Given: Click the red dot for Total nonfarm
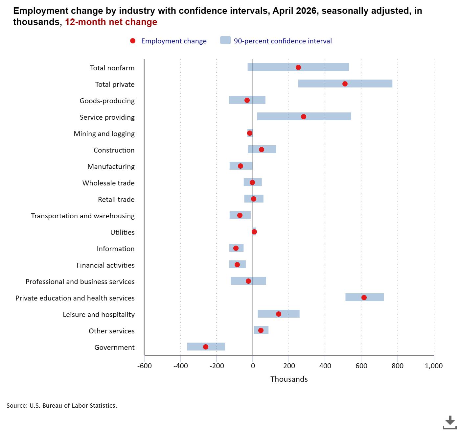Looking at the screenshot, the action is (x=298, y=67).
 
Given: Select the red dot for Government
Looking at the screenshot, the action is (x=205, y=347).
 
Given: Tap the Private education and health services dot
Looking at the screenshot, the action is (x=364, y=298).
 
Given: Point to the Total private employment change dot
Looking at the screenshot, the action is (x=345, y=84).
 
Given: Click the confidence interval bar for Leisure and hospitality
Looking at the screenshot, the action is (x=278, y=314).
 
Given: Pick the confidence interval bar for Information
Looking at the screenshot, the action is (x=236, y=248).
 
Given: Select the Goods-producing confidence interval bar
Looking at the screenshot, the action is (x=247, y=100).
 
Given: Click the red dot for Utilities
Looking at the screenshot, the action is (x=254, y=232).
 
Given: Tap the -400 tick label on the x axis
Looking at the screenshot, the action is (x=181, y=366).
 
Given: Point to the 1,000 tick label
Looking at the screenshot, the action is (x=434, y=366).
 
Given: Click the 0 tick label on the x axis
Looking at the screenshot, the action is (x=253, y=366).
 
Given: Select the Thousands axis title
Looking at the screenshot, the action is (x=289, y=379).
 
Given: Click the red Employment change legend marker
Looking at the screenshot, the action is (x=133, y=41).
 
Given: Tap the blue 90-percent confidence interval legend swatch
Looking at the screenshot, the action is (x=225, y=40).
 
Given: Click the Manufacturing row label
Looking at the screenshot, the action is (x=111, y=166).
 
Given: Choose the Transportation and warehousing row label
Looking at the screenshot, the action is (x=83, y=216).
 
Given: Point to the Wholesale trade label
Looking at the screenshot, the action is (x=108, y=183).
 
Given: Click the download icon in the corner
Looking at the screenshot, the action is (x=449, y=422).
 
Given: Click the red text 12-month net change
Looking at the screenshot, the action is (x=111, y=22).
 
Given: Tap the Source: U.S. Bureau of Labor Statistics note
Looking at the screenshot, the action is (x=62, y=405).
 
